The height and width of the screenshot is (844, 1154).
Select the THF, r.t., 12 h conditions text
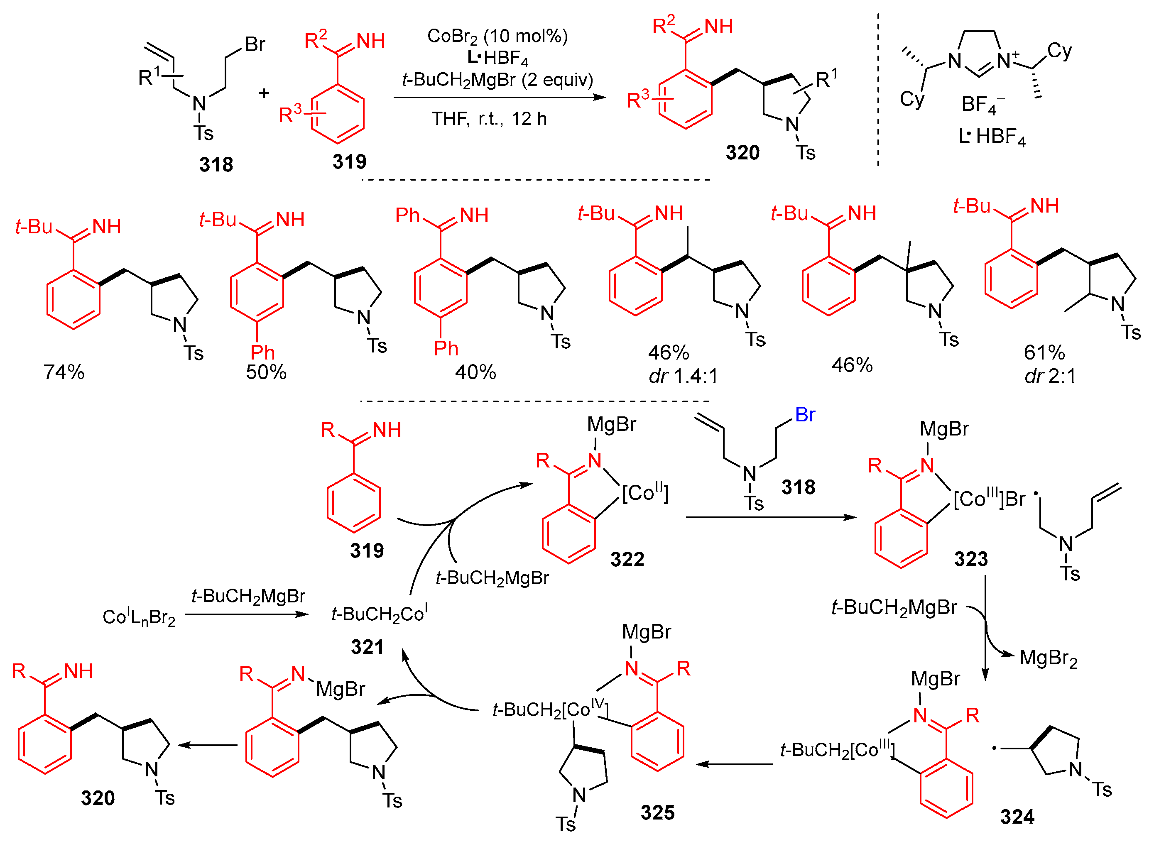point(489,119)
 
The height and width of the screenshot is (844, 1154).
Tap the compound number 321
point(367,647)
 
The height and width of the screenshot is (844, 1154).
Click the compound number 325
point(657,812)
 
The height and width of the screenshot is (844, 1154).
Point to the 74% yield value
point(64,372)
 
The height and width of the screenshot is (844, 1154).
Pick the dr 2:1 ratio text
point(1050,377)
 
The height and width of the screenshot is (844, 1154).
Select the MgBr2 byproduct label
point(1048,658)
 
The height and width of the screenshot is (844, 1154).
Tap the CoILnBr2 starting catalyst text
point(139,617)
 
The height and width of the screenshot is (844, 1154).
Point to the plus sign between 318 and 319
point(264,93)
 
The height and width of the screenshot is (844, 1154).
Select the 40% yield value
point(475,372)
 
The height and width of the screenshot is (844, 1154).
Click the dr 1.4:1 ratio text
point(683,377)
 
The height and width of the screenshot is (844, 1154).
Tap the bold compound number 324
point(1017,817)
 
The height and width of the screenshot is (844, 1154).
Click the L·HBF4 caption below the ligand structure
point(992,137)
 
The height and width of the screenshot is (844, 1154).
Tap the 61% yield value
point(1044,352)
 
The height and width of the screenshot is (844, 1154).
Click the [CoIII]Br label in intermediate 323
point(989,499)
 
